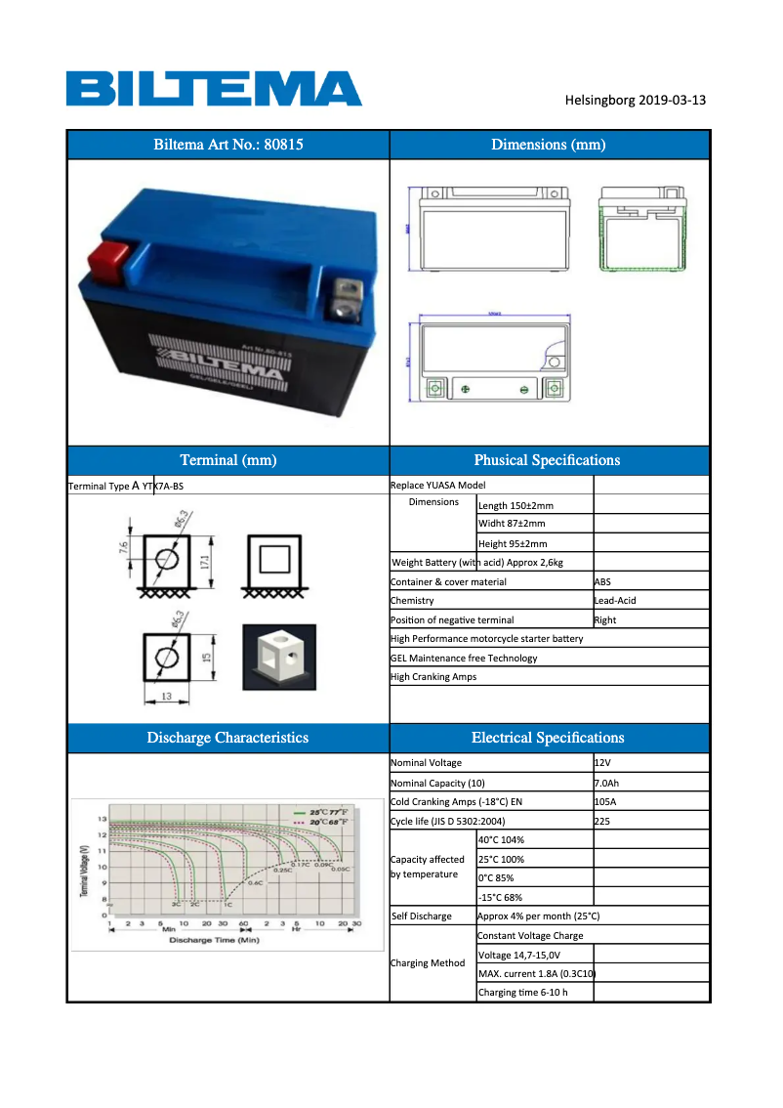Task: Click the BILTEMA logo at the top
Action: pos(214,88)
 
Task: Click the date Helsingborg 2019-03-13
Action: pos(635,100)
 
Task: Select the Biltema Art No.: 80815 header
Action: pos(228,145)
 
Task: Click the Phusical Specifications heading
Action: pos(547,460)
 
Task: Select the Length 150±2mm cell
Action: pos(515,505)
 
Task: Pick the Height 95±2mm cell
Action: pos(513,543)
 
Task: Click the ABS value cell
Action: pos(602,581)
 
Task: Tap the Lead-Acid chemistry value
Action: pos(614,601)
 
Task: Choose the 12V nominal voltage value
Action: pos(603,762)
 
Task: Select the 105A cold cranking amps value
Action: pos(605,802)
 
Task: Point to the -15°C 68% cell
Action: pos(500,897)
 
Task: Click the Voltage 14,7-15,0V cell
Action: pos(518,955)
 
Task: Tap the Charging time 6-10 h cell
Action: pos(522,993)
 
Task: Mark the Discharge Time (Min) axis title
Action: pos(214,940)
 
